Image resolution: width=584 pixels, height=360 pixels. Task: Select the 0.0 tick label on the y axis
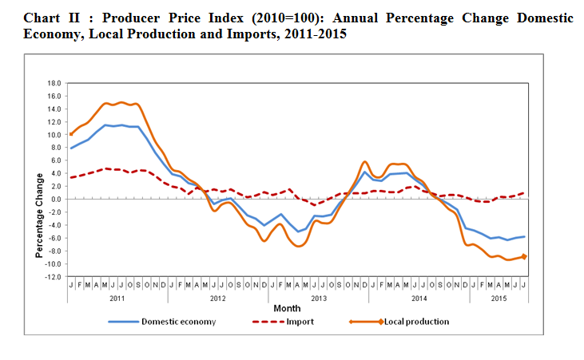point(54,200)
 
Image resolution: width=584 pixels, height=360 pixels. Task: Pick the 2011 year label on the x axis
point(117,297)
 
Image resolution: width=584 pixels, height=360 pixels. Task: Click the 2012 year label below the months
point(217,297)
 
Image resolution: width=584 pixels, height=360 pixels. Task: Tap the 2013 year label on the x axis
point(318,297)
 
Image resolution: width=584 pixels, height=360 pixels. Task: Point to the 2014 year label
point(419,297)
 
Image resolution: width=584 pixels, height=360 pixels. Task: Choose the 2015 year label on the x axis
point(499,297)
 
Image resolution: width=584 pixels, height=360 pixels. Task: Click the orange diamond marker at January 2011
point(71,134)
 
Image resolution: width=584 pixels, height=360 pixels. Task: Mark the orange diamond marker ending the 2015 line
point(525,256)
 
